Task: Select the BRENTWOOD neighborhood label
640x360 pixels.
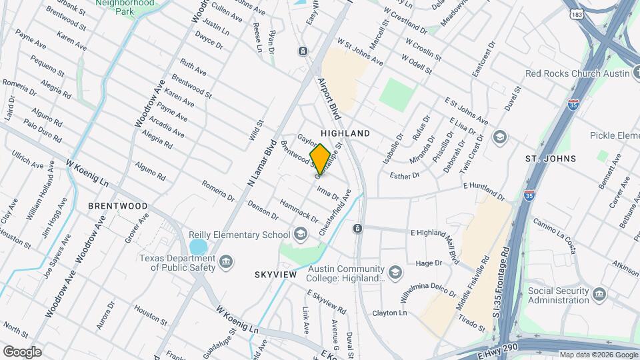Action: coord(118,206)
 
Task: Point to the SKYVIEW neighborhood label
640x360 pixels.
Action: coord(274,275)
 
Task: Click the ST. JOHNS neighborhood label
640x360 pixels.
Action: coord(550,159)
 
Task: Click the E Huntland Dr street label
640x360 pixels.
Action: coord(483,190)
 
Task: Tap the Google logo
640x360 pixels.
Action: coord(21,351)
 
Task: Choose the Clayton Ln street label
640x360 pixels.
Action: coord(389,313)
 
